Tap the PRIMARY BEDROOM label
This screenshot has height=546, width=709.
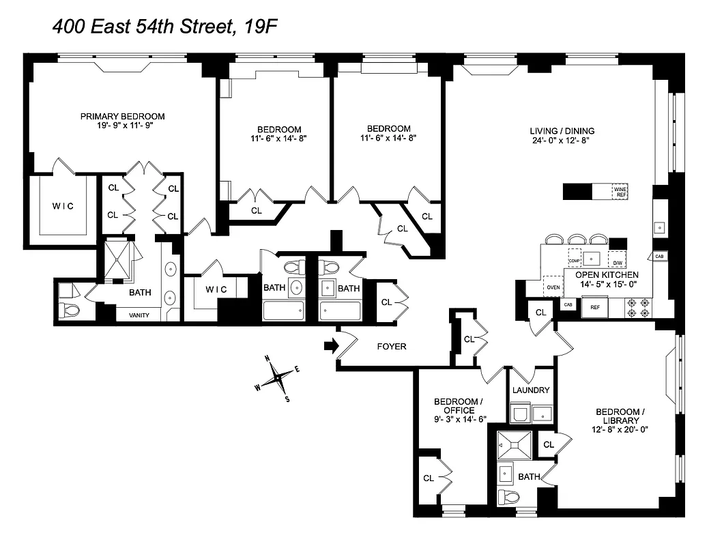coord(123,116)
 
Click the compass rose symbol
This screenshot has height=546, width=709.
coord(278,377)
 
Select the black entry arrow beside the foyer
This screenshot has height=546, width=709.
coord(330,346)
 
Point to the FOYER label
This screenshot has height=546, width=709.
coord(392,347)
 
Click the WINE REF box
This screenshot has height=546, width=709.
coord(620,192)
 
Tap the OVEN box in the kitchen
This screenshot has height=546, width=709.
coord(553,287)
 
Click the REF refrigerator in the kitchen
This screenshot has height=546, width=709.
coord(594,307)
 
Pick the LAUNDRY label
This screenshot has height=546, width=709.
coord(531,390)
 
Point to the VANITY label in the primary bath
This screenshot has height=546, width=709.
coord(139,315)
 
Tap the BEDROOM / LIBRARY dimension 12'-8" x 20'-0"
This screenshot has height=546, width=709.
coord(620,429)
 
